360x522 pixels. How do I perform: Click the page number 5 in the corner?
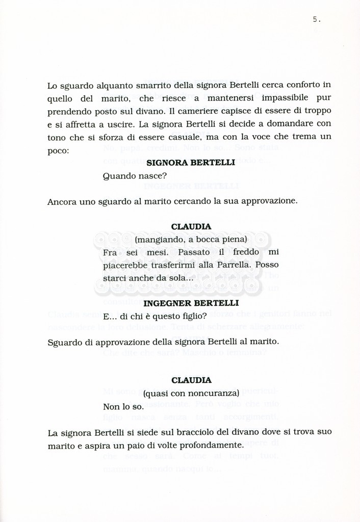[316, 19]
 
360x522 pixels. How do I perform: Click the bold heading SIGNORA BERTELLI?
[191, 163]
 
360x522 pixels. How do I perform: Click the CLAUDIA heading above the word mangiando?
[191, 226]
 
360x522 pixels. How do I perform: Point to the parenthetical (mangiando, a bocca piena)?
[191, 239]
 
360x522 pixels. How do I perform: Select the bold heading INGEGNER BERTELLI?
[191, 303]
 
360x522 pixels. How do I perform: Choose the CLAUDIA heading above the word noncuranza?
[191, 380]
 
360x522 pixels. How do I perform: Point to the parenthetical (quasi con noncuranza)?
[191, 394]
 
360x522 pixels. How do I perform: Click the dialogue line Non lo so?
[123, 407]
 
